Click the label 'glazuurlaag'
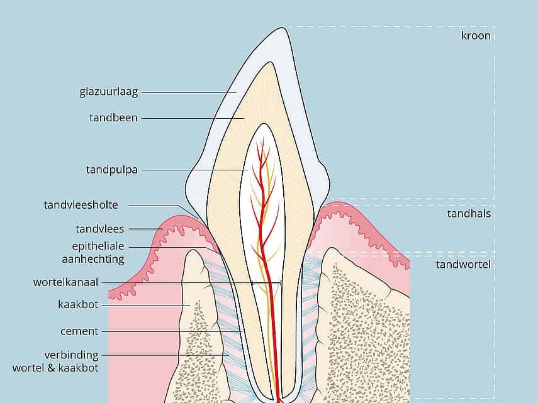109,92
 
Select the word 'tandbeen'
113,118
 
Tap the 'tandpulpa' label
111,170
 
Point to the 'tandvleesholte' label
81,204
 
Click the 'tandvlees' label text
100,229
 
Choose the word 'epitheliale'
98,246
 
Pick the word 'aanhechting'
93,259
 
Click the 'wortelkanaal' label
65,282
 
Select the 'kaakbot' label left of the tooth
78,304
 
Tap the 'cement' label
79,331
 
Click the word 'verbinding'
71,355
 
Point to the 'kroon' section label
476,35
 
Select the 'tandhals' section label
469,214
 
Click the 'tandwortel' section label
463,264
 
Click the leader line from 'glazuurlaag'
189,92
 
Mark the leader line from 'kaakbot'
146,305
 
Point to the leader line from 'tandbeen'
193,118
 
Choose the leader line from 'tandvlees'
146,229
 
